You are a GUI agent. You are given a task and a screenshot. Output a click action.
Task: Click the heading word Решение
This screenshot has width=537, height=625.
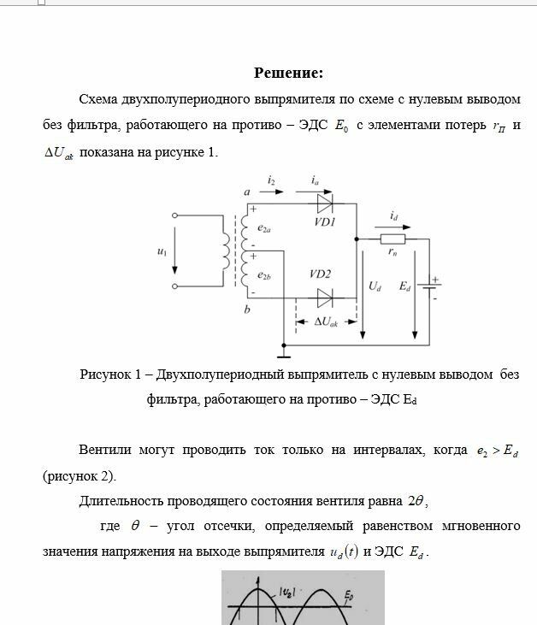288,73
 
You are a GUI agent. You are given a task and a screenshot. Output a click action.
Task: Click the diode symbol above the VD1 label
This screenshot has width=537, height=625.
325,203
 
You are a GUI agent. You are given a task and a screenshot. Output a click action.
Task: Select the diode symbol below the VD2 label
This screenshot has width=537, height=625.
325,298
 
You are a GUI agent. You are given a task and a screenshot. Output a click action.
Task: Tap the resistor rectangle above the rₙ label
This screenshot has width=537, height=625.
392,240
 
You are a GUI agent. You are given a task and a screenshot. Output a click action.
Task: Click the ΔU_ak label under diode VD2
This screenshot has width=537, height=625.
325,322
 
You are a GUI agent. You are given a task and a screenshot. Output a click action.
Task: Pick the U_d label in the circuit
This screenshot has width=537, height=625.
375,287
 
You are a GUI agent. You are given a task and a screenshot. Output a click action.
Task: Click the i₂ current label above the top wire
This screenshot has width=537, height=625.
271,181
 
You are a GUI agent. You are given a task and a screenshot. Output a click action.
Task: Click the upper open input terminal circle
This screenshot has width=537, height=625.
175,216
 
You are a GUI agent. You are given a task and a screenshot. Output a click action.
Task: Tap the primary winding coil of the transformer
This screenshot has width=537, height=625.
226,251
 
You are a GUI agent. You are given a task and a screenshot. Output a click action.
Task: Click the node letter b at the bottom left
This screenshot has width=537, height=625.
246,310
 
